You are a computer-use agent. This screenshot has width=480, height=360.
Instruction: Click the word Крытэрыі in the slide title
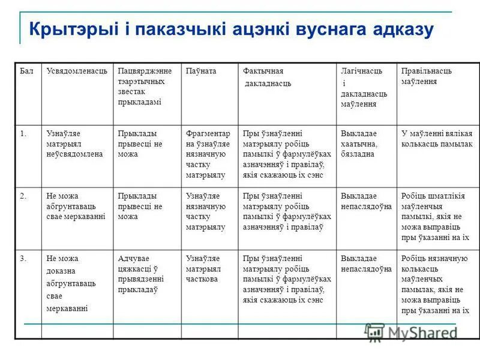pyautogui.click(x=68, y=29)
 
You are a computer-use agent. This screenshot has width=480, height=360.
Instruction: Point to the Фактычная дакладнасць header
pyautogui.click(x=267, y=77)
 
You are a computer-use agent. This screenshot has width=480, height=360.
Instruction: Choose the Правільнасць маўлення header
pyautogui.click(x=427, y=76)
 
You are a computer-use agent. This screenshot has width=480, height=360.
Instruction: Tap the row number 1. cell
pyautogui.click(x=23, y=133)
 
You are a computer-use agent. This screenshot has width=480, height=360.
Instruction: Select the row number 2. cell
pyautogui.click(x=23, y=196)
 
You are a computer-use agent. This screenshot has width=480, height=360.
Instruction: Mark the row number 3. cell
pyautogui.click(x=23, y=259)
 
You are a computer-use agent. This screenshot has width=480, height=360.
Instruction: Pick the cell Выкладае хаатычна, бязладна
pyautogui.click(x=359, y=143)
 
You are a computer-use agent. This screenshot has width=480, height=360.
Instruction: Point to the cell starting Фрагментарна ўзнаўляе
pyautogui.click(x=205, y=154)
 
